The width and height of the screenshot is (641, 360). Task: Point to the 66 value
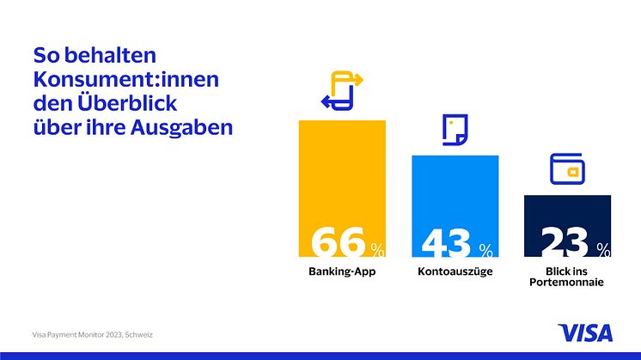[x=337, y=242]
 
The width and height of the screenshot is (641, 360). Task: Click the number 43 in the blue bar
[x=447, y=243]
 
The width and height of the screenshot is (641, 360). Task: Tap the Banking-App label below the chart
[x=342, y=272]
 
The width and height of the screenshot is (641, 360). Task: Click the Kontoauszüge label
[x=455, y=272]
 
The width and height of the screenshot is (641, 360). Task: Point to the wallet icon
[x=567, y=168]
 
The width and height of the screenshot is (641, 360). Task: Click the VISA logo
[x=586, y=333]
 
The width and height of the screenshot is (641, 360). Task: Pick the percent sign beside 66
[x=377, y=250]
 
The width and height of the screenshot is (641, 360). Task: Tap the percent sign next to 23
[x=603, y=250]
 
